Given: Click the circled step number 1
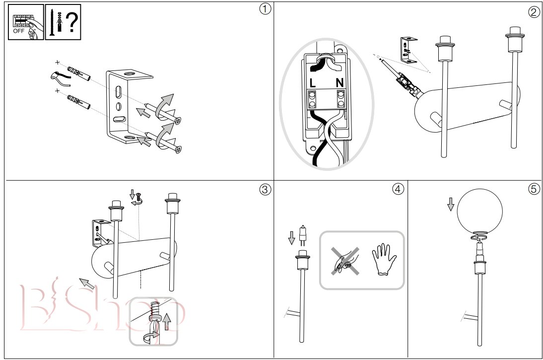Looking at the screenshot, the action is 265,9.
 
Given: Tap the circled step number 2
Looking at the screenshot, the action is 534,12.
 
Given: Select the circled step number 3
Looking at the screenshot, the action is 265,190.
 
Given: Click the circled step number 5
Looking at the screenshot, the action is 534,189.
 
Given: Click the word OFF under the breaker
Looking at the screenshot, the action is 19,31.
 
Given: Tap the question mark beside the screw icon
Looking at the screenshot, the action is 72,21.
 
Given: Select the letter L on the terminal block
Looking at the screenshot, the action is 313,83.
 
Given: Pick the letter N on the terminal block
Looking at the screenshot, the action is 339,83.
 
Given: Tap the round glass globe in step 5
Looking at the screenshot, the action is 479,211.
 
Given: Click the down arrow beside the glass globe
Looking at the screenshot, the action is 451,204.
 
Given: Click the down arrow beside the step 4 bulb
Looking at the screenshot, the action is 292,238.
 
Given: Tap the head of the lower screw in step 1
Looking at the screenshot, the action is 179,149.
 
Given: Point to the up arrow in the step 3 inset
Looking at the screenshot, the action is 167,322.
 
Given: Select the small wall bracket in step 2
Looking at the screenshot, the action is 408,50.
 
